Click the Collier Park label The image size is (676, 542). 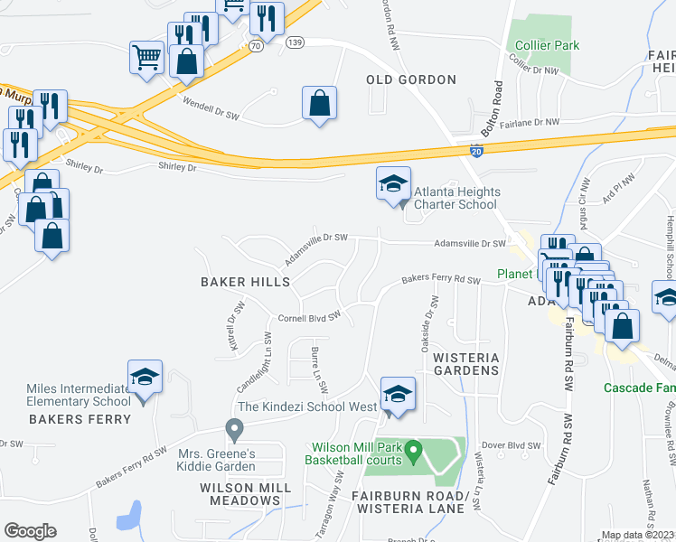(x=547, y=45)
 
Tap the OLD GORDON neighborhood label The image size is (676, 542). (x=411, y=80)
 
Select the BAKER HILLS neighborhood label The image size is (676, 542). (x=245, y=283)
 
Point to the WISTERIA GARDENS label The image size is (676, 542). (x=466, y=364)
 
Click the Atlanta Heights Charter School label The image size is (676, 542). (x=455, y=198)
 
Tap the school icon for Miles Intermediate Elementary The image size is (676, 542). (x=145, y=377)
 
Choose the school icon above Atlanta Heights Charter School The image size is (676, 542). (x=393, y=183)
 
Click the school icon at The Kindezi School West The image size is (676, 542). (x=397, y=393)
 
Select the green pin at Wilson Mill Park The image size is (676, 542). (x=413, y=447)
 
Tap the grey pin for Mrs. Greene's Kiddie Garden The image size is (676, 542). (x=235, y=428)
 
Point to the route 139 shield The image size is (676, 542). (x=294, y=42)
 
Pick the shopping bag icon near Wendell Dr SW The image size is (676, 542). (x=320, y=103)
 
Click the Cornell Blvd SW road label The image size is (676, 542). (x=308, y=318)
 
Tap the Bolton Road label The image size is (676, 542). (x=492, y=108)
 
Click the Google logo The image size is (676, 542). (x=30, y=531)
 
